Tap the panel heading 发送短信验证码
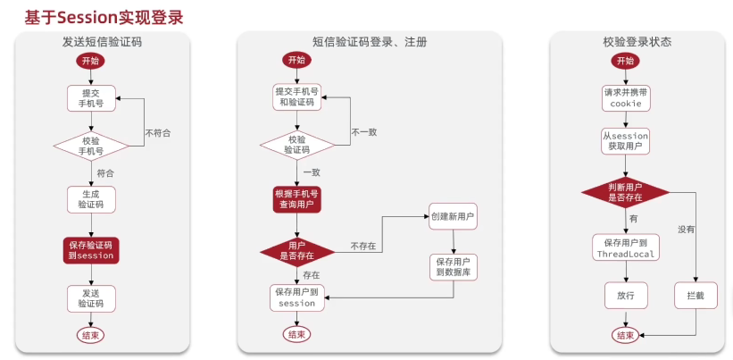click(103, 41)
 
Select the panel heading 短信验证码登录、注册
click(370, 41)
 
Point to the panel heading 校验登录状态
click(637, 41)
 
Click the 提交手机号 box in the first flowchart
click(91, 97)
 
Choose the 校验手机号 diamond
click(91, 146)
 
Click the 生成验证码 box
click(91, 198)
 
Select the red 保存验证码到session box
click(91, 250)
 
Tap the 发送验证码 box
click(91, 297)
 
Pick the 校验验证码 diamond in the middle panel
click(296, 145)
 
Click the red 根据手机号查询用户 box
click(296, 199)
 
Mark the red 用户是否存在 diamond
click(296, 251)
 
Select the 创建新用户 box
click(453, 217)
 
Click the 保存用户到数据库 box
click(453, 267)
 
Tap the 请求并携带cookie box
click(625, 97)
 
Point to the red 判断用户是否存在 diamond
click(625, 192)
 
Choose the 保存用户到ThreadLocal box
click(625, 247)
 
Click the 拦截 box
click(696, 295)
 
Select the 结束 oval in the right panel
click(625, 335)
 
